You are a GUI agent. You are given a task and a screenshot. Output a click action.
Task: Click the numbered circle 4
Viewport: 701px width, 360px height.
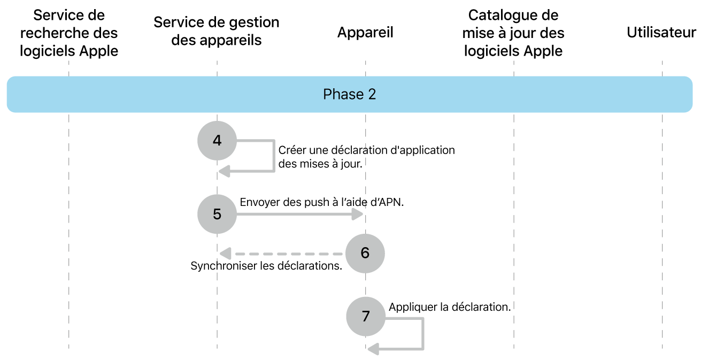click(217, 141)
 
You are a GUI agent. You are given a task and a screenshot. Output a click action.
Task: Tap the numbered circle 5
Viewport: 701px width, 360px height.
click(217, 214)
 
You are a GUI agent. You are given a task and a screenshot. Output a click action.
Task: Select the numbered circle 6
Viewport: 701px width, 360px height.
click(365, 252)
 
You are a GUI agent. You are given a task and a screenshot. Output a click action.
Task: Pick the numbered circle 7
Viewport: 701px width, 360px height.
click(365, 316)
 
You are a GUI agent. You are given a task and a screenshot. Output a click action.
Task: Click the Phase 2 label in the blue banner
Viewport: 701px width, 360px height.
click(349, 95)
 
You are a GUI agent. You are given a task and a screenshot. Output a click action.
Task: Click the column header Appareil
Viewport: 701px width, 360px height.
click(365, 33)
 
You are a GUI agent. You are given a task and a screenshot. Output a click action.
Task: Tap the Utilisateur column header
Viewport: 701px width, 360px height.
click(661, 33)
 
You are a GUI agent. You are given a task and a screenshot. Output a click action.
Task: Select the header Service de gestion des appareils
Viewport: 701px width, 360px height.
click(217, 31)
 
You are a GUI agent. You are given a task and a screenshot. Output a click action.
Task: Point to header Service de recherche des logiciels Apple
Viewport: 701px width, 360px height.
click(69, 33)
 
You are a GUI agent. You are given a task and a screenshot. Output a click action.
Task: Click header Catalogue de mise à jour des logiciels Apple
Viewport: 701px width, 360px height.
click(513, 33)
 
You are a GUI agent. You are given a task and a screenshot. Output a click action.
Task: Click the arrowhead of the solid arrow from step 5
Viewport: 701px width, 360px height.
click(358, 214)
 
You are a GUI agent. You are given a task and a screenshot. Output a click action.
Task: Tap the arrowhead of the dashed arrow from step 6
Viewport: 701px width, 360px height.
click(225, 253)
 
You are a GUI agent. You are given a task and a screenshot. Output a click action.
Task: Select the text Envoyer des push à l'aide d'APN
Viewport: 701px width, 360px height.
click(321, 202)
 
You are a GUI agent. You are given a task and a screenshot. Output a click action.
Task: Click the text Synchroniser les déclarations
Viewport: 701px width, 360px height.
click(266, 266)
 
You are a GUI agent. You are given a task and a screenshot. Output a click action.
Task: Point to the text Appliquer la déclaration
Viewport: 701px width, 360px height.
click(450, 307)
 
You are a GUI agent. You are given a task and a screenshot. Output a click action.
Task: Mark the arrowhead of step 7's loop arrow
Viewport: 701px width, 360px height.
click(373, 349)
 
